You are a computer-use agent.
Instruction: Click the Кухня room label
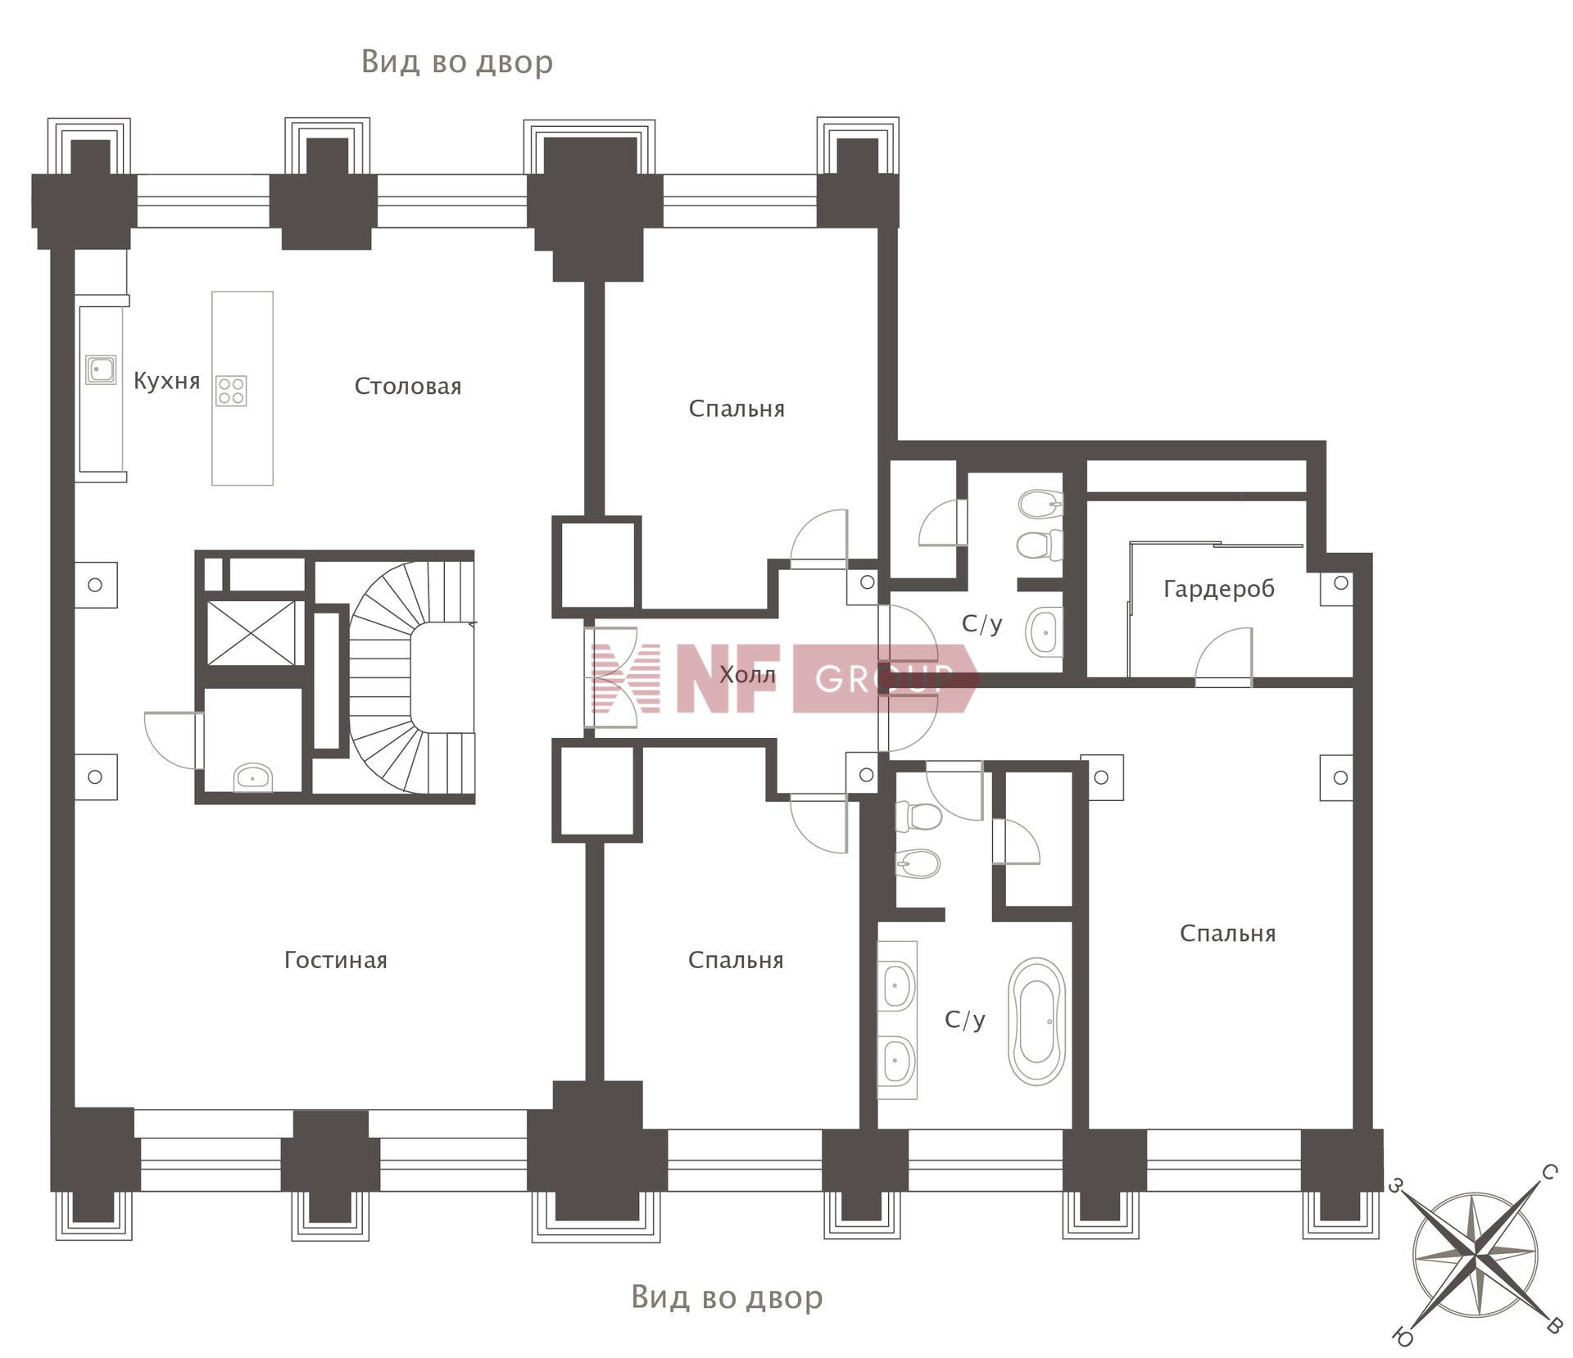[166, 381]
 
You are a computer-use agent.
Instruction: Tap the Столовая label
[407, 386]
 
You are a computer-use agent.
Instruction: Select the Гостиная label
[335, 960]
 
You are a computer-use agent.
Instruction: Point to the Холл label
[747, 675]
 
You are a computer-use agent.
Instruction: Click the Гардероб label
[1219, 589]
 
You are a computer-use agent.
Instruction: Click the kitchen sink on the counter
[101, 370]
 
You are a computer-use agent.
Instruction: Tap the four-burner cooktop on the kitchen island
[231, 391]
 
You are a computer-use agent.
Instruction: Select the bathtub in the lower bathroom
[1037, 1022]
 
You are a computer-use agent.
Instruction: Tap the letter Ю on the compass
[1402, 1337]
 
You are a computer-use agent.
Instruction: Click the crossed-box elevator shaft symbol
[251, 633]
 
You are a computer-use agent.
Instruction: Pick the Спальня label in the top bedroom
[737, 409]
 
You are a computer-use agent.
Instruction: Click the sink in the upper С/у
[1044, 631]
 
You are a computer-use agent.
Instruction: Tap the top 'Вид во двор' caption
[457, 62]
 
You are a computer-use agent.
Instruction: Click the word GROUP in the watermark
[885, 678]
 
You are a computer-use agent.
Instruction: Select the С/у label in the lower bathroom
[964, 1020]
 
